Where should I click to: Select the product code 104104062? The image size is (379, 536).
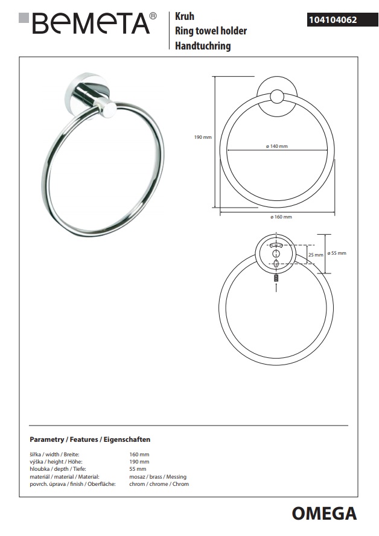[x=333, y=20]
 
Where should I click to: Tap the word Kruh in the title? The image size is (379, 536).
[x=184, y=18]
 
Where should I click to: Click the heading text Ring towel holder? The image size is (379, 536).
[x=211, y=31]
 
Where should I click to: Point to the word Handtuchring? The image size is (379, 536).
[x=203, y=46]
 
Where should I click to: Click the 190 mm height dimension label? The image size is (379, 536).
[x=203, y=138]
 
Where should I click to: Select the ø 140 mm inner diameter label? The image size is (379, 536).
[x=277, y=147]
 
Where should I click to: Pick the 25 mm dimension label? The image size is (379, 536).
[x=316, y=255]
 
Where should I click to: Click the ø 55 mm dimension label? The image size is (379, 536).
[x=337, y=253]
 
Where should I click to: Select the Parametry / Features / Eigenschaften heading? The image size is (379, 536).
[x=90, y=439]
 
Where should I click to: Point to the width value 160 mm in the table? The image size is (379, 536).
[x=139, y=454]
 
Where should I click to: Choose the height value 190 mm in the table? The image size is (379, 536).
[x=139, y=462]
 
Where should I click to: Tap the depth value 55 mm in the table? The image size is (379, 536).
[x=138, y=469]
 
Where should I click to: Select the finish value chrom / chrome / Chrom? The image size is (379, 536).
[x=159, y=484]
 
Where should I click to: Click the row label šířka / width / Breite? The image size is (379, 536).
[x=55, y=454]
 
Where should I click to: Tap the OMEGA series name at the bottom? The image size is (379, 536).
[x=324, y=514]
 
